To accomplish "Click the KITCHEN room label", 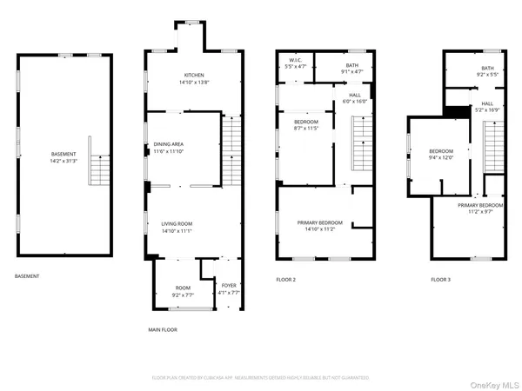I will tap(192, 75).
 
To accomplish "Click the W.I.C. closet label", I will tap(295, 60).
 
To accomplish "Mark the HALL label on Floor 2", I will tap(354, 96).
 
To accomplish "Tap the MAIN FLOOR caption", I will tap(164, 330).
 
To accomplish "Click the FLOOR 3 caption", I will tap(441, 280).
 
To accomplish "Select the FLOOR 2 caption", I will tap(286, 280).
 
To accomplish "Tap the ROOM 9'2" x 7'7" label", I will tap(182, 291).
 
